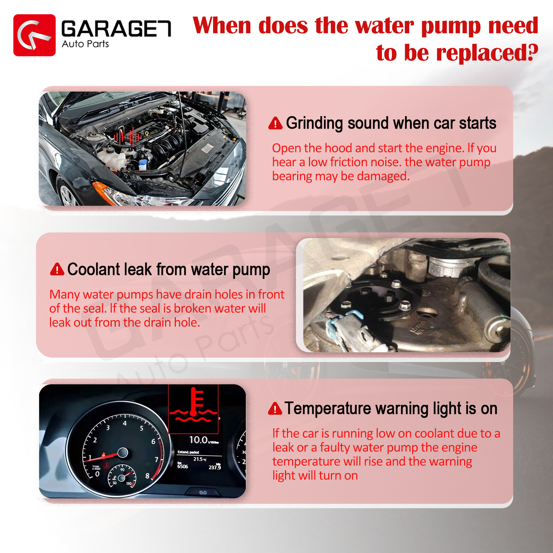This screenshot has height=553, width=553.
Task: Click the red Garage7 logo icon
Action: pos(34,35)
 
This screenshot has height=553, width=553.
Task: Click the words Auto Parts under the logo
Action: pos(85,44)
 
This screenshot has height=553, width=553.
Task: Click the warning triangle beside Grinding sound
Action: pos(275,123)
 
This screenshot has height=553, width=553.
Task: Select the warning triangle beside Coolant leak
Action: pos(57,269)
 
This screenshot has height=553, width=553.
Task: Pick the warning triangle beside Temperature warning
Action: pos(275,408)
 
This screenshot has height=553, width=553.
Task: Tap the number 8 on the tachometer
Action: pos(147,476)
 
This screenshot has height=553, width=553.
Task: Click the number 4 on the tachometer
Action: pos(125,423)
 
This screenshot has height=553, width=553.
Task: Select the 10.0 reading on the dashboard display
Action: pos(198,440)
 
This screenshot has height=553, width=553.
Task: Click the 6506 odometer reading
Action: pos(182,466)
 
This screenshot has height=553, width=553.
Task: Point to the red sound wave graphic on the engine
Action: pos(128,136)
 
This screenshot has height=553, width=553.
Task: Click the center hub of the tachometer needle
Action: pos(122,452)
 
